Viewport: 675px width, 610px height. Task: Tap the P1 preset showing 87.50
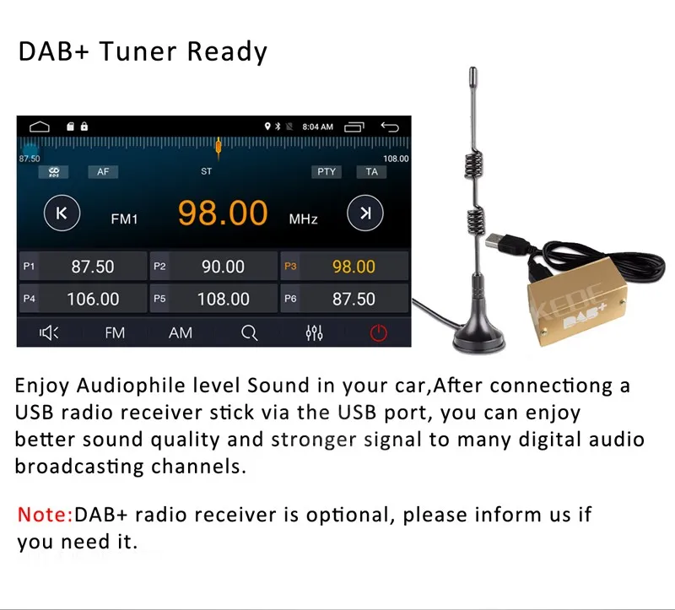tap(83, 267)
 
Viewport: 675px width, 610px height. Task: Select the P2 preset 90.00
tap(214, 267)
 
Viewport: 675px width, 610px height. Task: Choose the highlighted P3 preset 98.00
tap(344, 267)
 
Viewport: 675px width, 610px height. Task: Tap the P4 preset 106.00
tap(83, 299)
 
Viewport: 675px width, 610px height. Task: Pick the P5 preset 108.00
tap(214, 299)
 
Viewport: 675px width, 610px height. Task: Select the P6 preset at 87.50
tap(344, 299)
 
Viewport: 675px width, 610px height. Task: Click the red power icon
tap(378, 332)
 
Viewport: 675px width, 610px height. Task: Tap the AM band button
tap(181, 332)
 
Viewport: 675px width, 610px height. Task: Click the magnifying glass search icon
tap(249, 332)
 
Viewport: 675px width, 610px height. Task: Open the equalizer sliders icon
tap(314, 332)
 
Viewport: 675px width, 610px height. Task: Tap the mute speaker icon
tap(49, 332)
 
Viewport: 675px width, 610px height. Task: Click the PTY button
tap(327, 172)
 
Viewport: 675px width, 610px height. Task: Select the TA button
tap(371, 172)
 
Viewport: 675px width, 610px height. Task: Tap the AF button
tap(103, 172)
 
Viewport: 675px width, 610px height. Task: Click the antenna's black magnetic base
tap(478, 336)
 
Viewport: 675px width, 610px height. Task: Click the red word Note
tap(45, 515)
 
